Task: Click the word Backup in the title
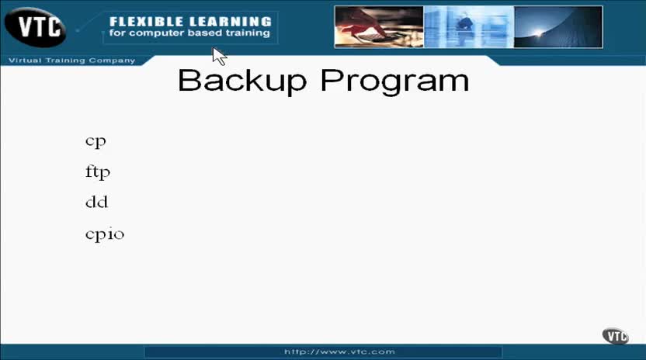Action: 242,80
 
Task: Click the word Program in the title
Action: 394,82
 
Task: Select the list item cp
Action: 96,142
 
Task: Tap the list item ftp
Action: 98,171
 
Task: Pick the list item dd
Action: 97,202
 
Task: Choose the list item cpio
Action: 105,234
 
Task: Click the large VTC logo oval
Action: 36,27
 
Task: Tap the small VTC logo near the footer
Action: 615,336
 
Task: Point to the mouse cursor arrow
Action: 219,56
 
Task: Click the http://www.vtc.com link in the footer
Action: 339,351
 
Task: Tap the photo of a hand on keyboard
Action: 379,27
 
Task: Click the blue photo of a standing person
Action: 469,27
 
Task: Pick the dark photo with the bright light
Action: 558,27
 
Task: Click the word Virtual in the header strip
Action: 25,61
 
